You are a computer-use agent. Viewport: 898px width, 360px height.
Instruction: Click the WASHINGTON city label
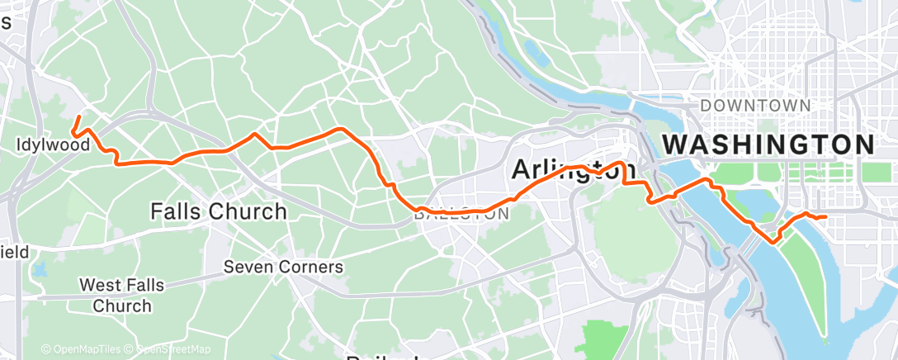pyautogui.click(x=768, y=144)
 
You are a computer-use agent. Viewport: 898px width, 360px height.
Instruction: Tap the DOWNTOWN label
pyautogui.click(x=755, y=106)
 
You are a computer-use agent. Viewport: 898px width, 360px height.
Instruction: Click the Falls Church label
pyautogui.click(x=219, y=211)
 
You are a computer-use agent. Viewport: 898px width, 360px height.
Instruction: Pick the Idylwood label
pyautogui.click(x=53, y=145)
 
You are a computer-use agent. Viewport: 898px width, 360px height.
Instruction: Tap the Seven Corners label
pyautogui.click(x=284, y=268)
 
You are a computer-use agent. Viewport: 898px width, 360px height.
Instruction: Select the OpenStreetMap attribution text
pyautogui.click(x=169, y=349)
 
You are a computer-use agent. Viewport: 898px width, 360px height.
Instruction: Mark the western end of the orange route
pyautogui.click(x=78, y=116)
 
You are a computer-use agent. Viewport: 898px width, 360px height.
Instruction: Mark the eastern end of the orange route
pyautogui.click(x=825, y=217)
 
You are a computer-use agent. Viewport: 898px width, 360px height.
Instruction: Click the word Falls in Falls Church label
pyautogui.click(x=177, y=211)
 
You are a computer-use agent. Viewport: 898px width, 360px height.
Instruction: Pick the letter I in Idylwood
pyautogui.click(x=19, y=145)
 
